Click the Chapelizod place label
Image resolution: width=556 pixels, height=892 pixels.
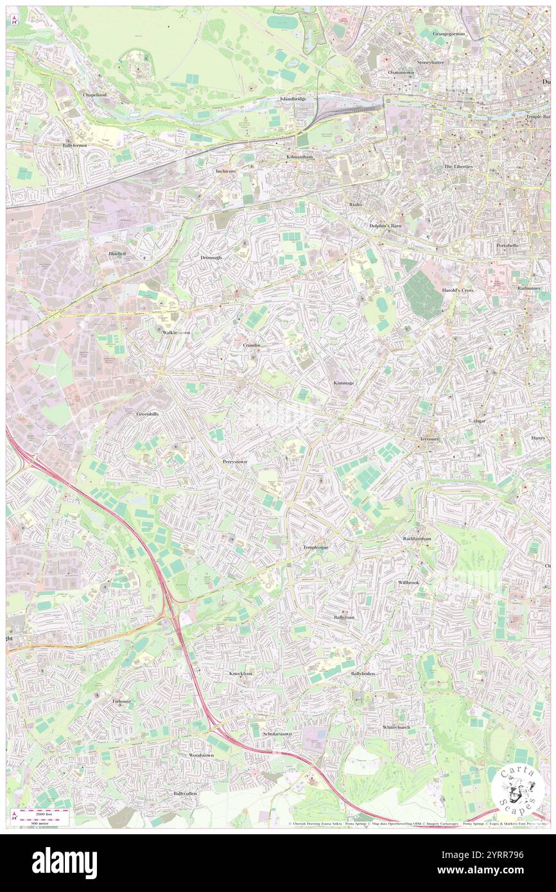pyautogui.click(x=98, y=94)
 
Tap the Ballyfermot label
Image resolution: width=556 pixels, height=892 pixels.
pyautogui.click(x=74, y=146)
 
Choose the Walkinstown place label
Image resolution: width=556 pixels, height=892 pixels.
pyautogui.click(x=176, y=332)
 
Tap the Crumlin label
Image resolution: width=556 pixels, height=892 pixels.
pyautogui.click(x=252, y=345)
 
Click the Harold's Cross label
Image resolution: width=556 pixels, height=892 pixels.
pyautogui.click(x=457, y=290)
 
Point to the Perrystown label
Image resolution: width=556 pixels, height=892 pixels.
pyautogui.click(x=234, y=461)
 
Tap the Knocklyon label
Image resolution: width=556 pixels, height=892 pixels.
pyautogui.click(x=241, y=673)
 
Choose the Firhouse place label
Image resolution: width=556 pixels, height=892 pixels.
pyautogui.click(x=122, y=701)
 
